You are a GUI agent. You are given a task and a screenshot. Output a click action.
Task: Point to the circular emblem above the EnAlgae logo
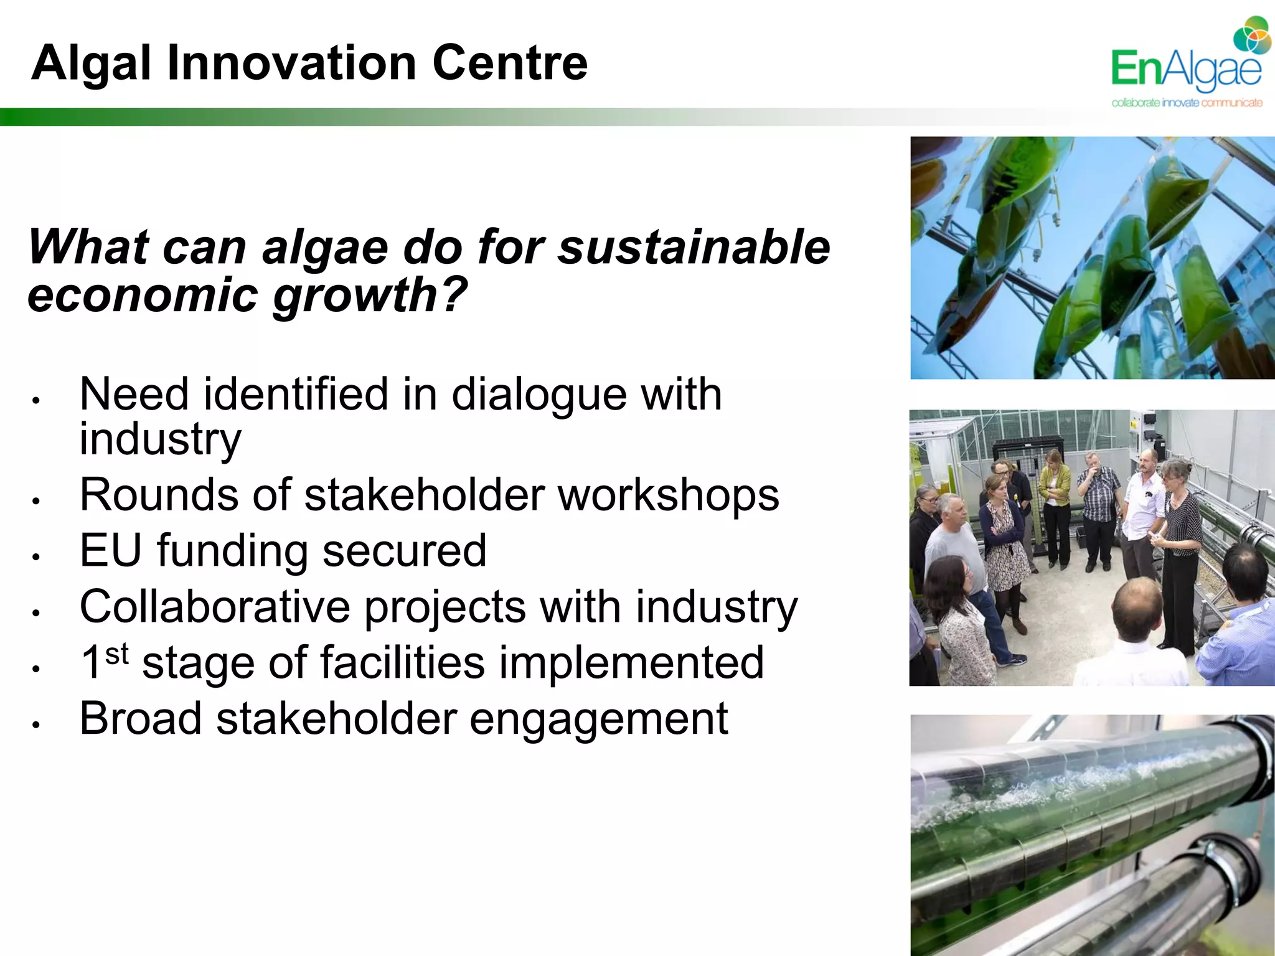tap(1252, 36)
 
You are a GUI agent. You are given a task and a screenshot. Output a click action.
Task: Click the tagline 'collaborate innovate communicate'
tap(1187, 103)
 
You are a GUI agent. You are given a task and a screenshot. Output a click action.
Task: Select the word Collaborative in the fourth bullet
tap(215, 607)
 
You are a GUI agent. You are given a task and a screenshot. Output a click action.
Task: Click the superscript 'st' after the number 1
tap(117, 654)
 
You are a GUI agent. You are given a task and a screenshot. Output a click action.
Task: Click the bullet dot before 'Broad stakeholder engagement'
tap(37, 724)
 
